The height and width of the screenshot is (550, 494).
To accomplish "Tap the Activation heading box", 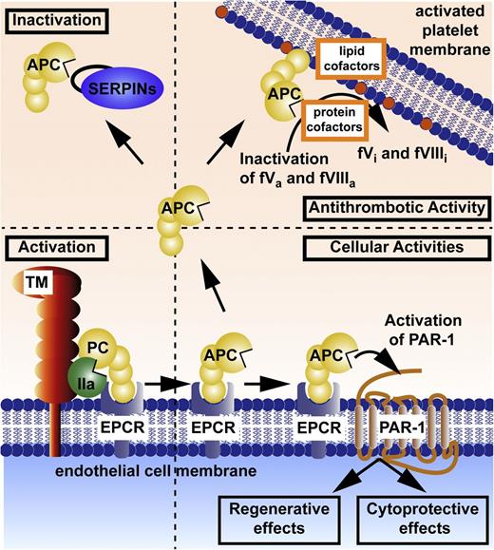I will click(x=50, y=248).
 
